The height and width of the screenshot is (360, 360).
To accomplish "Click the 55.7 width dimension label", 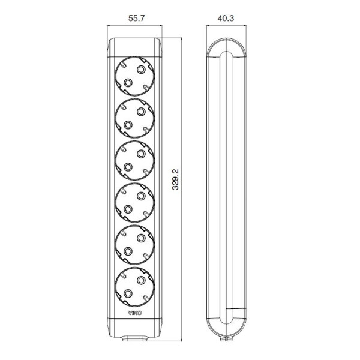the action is pyautogui.click(x=136, y=18).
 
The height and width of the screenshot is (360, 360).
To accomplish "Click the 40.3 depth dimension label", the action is pyautogui.click(x=226, y=18).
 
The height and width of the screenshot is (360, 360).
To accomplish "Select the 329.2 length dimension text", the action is pyautogui.click(x=175, y=179).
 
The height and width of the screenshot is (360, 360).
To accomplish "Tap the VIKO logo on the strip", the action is pyautogui.click(x=135, y=313).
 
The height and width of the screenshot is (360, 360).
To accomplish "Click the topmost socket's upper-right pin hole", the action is pyautogui.click(x=141, y=69).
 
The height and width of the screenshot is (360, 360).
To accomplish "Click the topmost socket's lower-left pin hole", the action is pyautogui.click(x=128, y=82).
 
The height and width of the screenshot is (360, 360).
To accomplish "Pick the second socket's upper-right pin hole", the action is pyautogui.click(x=141, y=112).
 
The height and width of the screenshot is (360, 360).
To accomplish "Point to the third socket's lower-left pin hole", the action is pyautogui.click(x=128, y=167).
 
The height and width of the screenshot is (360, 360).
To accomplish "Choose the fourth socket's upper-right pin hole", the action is pyautogui.click(x=141, y=196).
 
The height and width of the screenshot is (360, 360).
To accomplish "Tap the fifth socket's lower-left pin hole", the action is pyautogui.click(x=128, y=251).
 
